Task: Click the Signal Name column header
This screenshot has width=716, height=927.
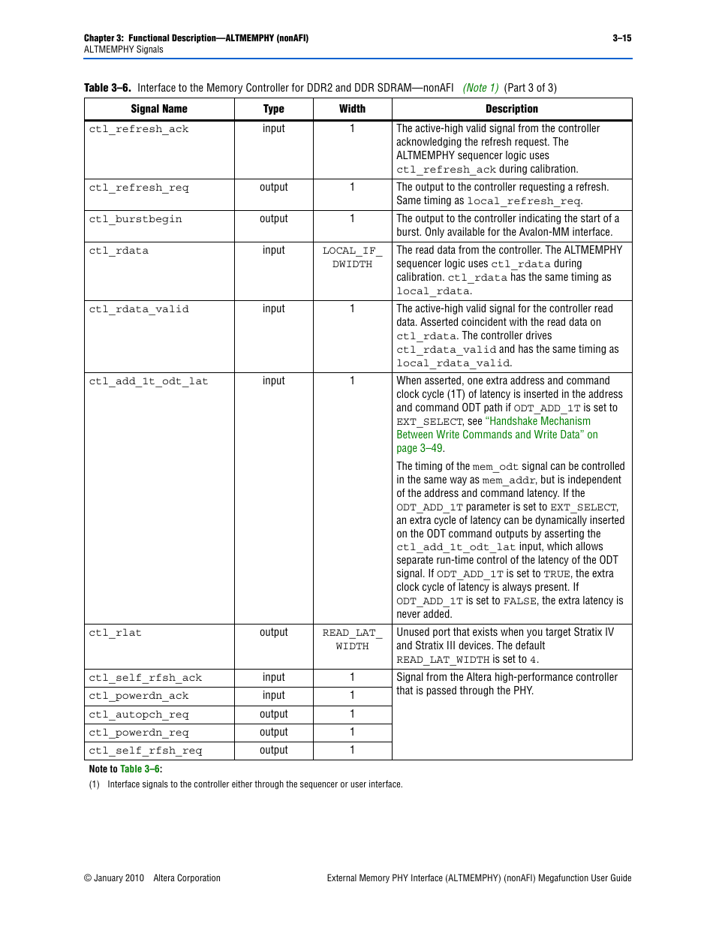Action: [159, 109]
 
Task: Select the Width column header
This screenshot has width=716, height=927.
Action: [352, 109]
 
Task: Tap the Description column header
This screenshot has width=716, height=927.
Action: [511, 109]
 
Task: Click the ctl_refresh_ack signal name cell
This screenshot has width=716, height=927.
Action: [139, 129]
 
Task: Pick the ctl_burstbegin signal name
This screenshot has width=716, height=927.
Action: [135, 219]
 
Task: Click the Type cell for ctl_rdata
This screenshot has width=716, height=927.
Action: [273, 251]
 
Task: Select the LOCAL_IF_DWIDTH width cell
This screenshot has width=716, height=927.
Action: [352, 257]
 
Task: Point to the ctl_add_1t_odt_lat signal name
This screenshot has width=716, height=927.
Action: [149, 381]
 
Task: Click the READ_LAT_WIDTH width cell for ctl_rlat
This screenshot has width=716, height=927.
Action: [352, 640]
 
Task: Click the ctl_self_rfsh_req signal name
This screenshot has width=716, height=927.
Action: [146, 751]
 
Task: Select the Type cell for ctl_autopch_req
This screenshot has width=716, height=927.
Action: [273, 715]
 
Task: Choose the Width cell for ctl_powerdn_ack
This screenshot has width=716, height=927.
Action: [352, 696]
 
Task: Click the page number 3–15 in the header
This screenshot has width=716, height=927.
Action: [621, 38]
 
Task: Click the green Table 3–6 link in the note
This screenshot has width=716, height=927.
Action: [140, 769]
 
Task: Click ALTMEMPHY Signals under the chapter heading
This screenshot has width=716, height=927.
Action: [124, 50]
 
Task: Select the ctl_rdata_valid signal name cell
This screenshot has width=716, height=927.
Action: [139, 309]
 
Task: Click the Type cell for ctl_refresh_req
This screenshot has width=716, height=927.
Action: [273, 188]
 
